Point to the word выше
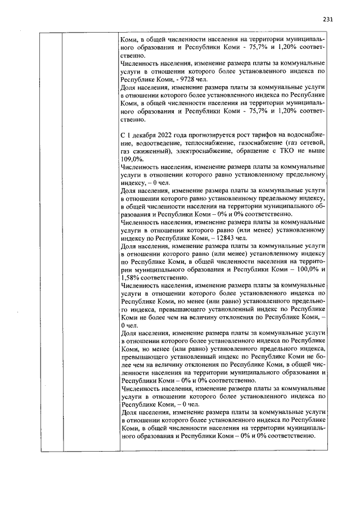coord(316,151)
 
